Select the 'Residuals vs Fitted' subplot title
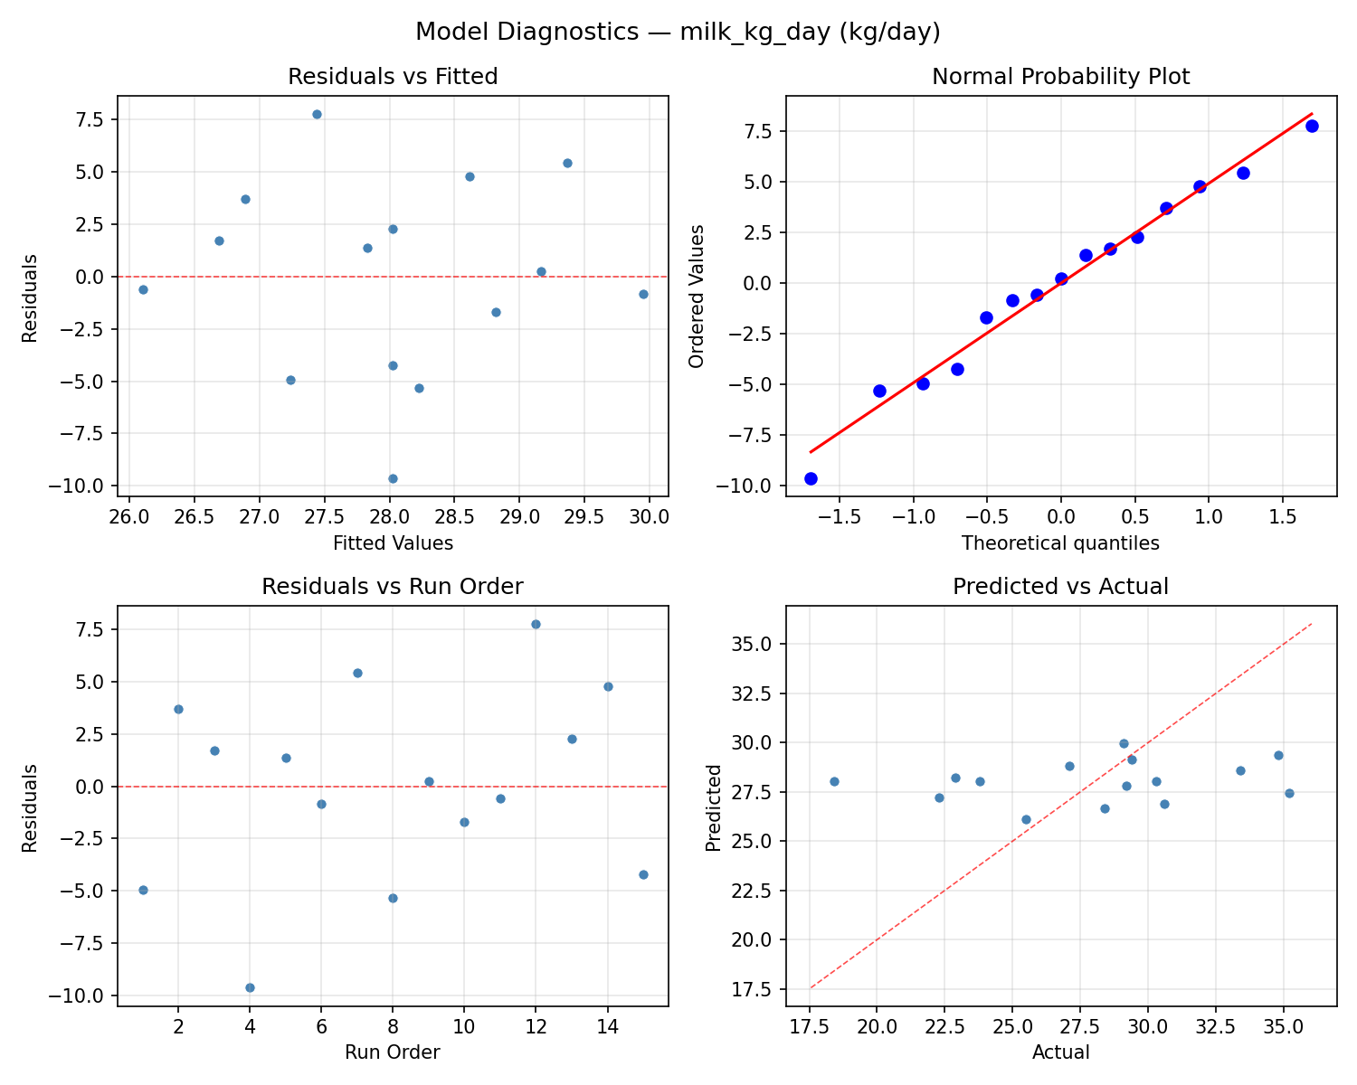coord(393,77)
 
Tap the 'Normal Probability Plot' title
coord(1060,77)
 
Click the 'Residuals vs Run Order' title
coord(393,587)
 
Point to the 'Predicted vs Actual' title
coord(1060,587)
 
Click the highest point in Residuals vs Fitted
coord(317,114)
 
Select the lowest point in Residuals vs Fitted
coord(393,478)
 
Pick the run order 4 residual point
coord(250,987)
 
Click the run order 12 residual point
coord(536,624)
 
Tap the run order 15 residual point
coord(643,874)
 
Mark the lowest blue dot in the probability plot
coord(811,478)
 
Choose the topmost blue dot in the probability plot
coord(1312,126)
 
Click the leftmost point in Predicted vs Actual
coord(834,781)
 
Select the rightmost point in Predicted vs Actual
coord(1289,793)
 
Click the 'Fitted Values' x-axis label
coord(393,543)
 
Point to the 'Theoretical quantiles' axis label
coord(1060,543)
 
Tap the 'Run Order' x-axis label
coord(393,1052)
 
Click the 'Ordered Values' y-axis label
coord(696,297)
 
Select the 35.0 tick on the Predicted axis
coord(753,645)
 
